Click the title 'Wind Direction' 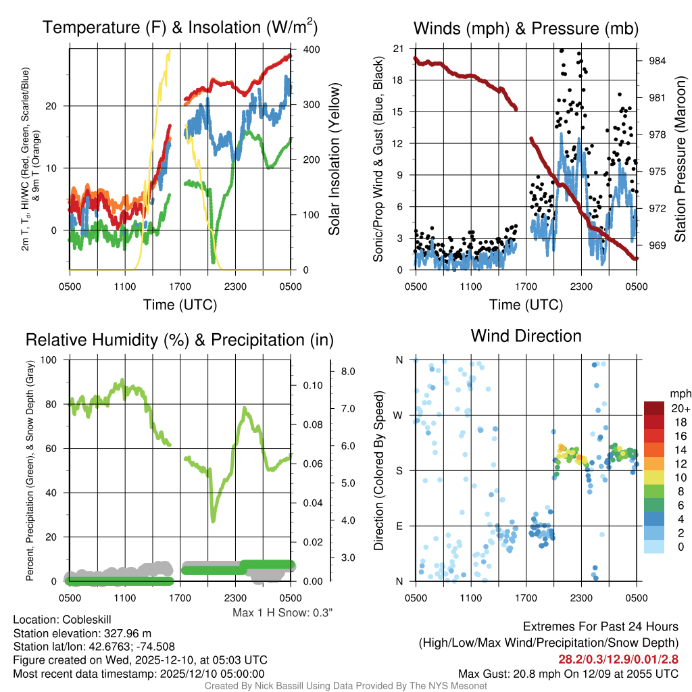[526, 336]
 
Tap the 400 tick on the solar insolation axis [312, 49]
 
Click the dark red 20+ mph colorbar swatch [656, 409]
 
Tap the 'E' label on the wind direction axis [399, 526]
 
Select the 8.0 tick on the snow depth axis [348, 372]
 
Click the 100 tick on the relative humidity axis [49, 360]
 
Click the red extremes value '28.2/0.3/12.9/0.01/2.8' [618, 659]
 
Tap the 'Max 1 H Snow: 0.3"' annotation [282, 613]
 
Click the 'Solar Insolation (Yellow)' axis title [335, 159]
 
